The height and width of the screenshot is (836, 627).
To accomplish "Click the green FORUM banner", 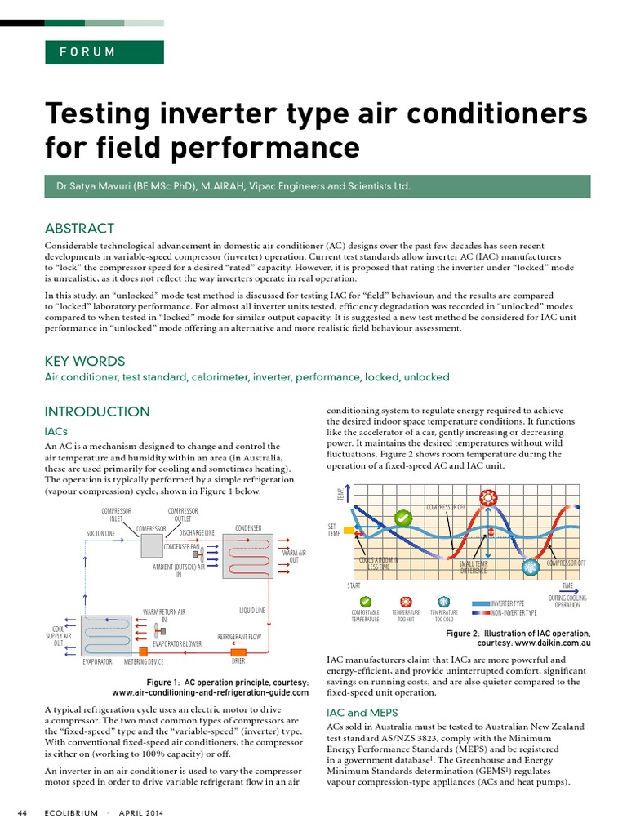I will click(104, 52).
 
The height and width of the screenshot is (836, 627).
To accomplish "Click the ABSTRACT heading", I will click(79, 229).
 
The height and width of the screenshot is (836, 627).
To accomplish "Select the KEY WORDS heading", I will click(85, 361).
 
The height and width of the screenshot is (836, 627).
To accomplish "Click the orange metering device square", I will click(144, 651).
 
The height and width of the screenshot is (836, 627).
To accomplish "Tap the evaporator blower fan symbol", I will click(158, 629).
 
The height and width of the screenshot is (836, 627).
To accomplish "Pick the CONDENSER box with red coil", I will click(247, 557).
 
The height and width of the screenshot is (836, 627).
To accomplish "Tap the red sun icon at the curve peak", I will click(488, 496).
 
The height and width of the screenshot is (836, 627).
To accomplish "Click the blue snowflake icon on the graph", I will click(530, 566).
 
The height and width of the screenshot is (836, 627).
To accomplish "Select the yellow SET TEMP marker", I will click(349, 530).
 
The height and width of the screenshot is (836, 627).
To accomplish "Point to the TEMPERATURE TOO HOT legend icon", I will click(405, 602).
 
